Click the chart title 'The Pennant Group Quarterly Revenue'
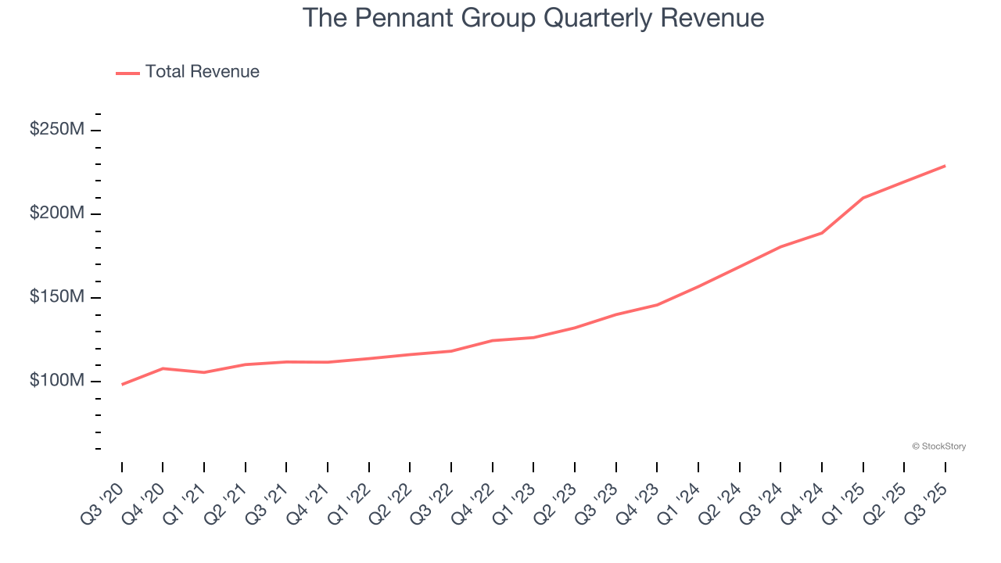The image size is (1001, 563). [x=533, y=17]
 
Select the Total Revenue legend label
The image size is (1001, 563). [x=202, y=72]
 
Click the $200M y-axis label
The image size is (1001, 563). [x=57, y=213]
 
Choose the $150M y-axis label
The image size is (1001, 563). [x=57, y=297]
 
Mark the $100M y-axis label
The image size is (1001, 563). [x=57, y=381]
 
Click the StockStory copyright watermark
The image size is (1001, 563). [x=938, y=446]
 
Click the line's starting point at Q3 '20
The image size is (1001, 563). [x=122, y=385]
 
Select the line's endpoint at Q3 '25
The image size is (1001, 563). [x=945, y=166]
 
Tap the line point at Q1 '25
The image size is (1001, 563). [x=863, y=198]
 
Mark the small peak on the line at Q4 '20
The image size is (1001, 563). [x=163, y=368]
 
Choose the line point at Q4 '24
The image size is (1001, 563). [x=822, y=233]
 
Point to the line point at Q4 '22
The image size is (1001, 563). [x=493, y=340]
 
